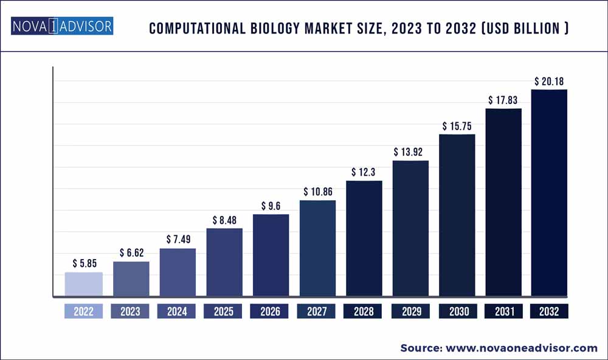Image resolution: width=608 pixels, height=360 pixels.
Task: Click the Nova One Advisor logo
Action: coord(61,27)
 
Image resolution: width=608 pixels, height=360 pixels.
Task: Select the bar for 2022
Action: coord(84,285)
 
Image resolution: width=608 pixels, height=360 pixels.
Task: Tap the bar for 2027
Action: coord(317,249)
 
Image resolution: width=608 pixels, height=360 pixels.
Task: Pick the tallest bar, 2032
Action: coord(549,193)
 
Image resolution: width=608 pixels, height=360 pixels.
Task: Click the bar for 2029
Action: coord(410,229)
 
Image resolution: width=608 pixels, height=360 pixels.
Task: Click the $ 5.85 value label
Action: coord(84,263)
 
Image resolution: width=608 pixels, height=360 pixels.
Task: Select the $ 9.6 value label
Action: coord(271,206)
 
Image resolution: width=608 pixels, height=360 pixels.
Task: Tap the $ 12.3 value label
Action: coord(364,172)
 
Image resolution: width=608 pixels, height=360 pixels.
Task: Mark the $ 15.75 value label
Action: coord(457,126)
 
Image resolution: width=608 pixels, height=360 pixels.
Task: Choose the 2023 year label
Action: coord(130,311)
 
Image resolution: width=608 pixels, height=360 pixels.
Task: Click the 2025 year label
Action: coord(224,311)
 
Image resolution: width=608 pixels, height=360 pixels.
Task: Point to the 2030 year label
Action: coord(457,311)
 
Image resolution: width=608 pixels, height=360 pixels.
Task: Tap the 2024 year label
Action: coord(177,311)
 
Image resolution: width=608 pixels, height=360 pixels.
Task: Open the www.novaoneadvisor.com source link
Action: coord(521,348)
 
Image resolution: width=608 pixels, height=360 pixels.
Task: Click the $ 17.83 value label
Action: coord(503,100)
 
